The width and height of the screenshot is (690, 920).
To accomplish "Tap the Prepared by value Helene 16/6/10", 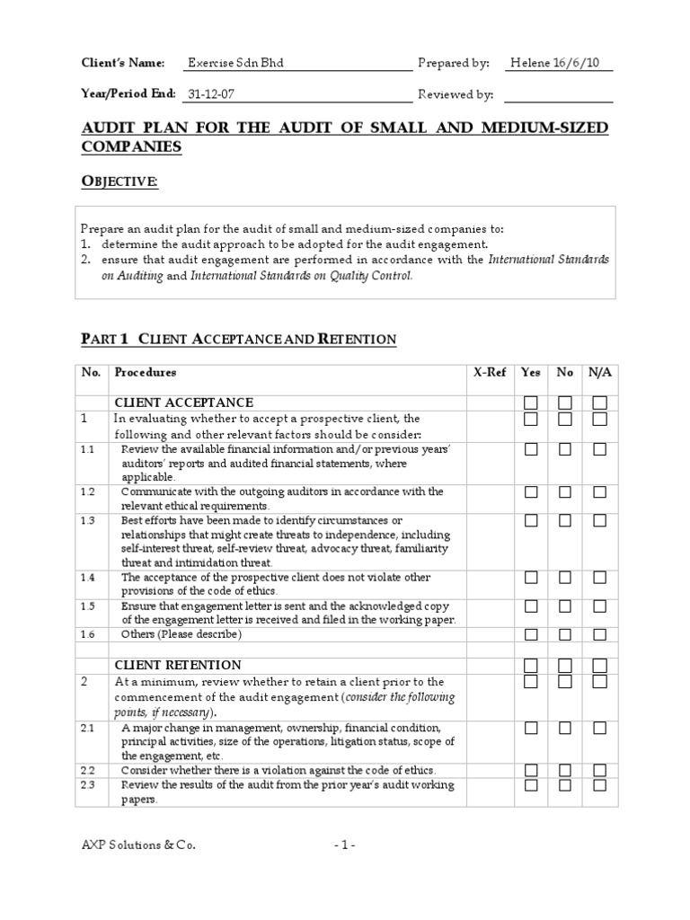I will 561,63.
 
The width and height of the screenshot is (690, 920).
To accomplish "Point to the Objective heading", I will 120,182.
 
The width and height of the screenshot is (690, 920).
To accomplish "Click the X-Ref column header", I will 490,372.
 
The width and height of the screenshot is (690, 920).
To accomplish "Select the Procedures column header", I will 146,372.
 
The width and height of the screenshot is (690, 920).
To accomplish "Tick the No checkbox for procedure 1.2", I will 565,492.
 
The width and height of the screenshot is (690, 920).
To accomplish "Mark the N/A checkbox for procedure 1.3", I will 599,521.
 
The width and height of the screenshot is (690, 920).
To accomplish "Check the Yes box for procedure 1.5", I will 531,606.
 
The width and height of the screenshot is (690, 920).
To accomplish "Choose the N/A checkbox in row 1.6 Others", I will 599,634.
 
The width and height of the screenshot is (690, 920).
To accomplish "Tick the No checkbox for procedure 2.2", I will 565,770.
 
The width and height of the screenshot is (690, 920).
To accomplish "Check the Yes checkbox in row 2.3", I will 531,785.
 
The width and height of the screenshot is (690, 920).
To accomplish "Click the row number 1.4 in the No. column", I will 87,578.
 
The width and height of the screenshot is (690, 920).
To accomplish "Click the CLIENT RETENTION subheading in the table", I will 177,665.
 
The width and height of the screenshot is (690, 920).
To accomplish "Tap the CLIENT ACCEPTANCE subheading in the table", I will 183,402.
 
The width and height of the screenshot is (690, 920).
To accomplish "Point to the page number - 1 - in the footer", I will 345,845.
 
